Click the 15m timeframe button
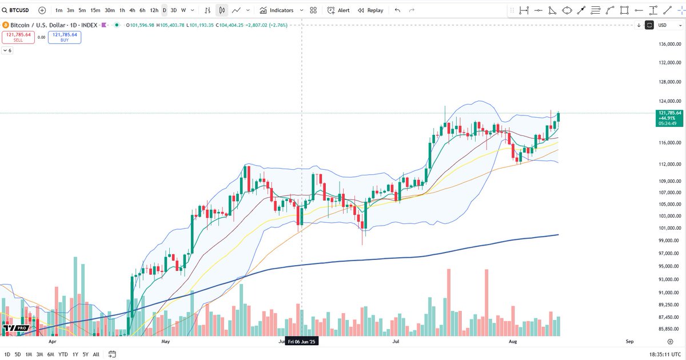point(95,10)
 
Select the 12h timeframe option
point(154,10)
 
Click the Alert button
point(338,10)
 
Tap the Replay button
point(370,10)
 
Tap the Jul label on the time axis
point(396,342)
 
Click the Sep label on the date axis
point(630,342)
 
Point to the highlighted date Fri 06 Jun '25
point(302,342)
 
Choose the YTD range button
point(63,354)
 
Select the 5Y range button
point(85,354)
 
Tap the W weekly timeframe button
point(184,10)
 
